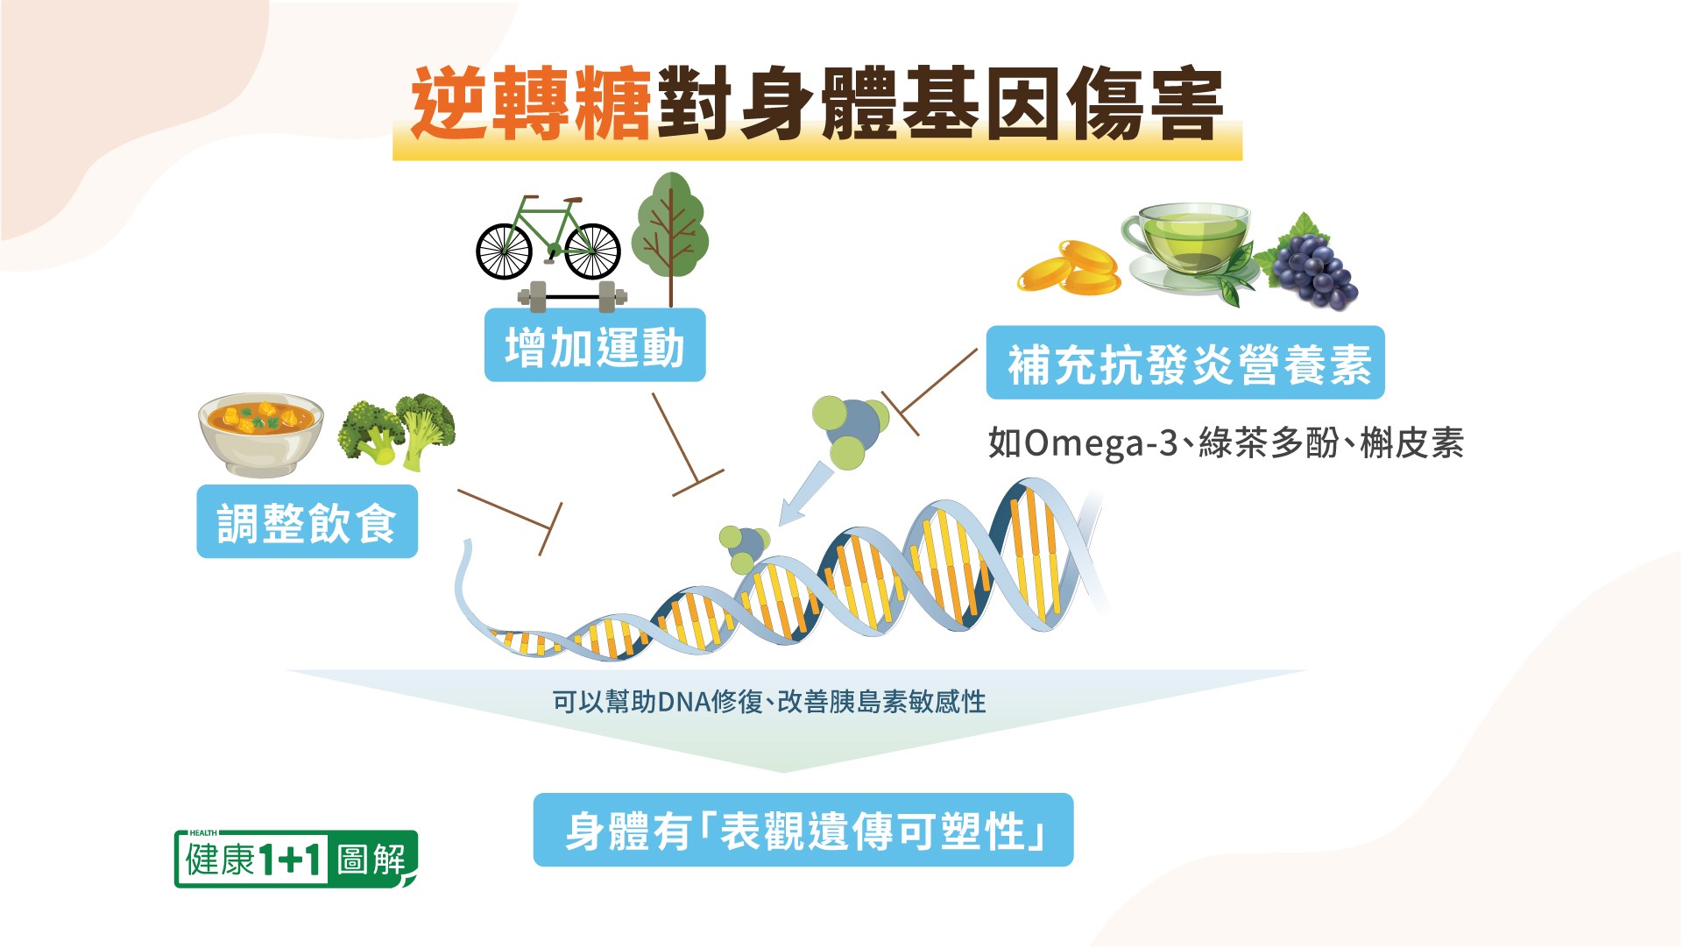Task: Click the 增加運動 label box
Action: (595, 345)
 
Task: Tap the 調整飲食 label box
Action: (307, 521)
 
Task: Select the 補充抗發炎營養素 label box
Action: (1185, 363)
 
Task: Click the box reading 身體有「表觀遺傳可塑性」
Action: (803, 830)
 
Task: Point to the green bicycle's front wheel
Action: (593, 251)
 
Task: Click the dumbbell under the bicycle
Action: (572, 296)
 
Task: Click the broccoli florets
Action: (397, 429)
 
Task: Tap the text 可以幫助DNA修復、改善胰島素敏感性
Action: (769, 702)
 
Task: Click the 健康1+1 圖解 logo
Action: (296, 859)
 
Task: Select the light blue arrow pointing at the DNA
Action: (805, 493)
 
